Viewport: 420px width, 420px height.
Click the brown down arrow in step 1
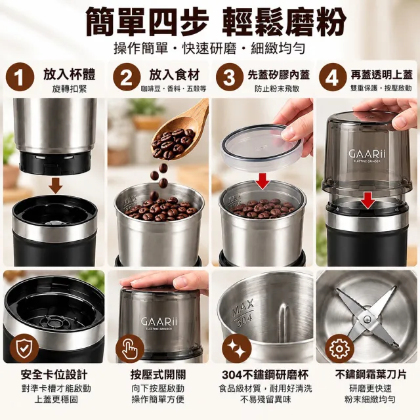coord(56,185)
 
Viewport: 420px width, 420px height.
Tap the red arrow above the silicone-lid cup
coord(262,181)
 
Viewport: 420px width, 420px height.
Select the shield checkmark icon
coord(24,348)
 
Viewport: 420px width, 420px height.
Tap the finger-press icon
coord(130,348)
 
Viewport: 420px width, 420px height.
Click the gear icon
coord(339,348)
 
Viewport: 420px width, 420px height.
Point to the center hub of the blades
coord(367,319)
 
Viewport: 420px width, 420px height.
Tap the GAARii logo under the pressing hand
coord(159,322)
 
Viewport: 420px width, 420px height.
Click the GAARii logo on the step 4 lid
coord(367,154)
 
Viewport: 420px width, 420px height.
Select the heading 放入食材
coord(175,75)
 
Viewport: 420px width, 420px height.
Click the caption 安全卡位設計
coord(54,375)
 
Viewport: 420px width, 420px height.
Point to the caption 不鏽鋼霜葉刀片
coord(371,374)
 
